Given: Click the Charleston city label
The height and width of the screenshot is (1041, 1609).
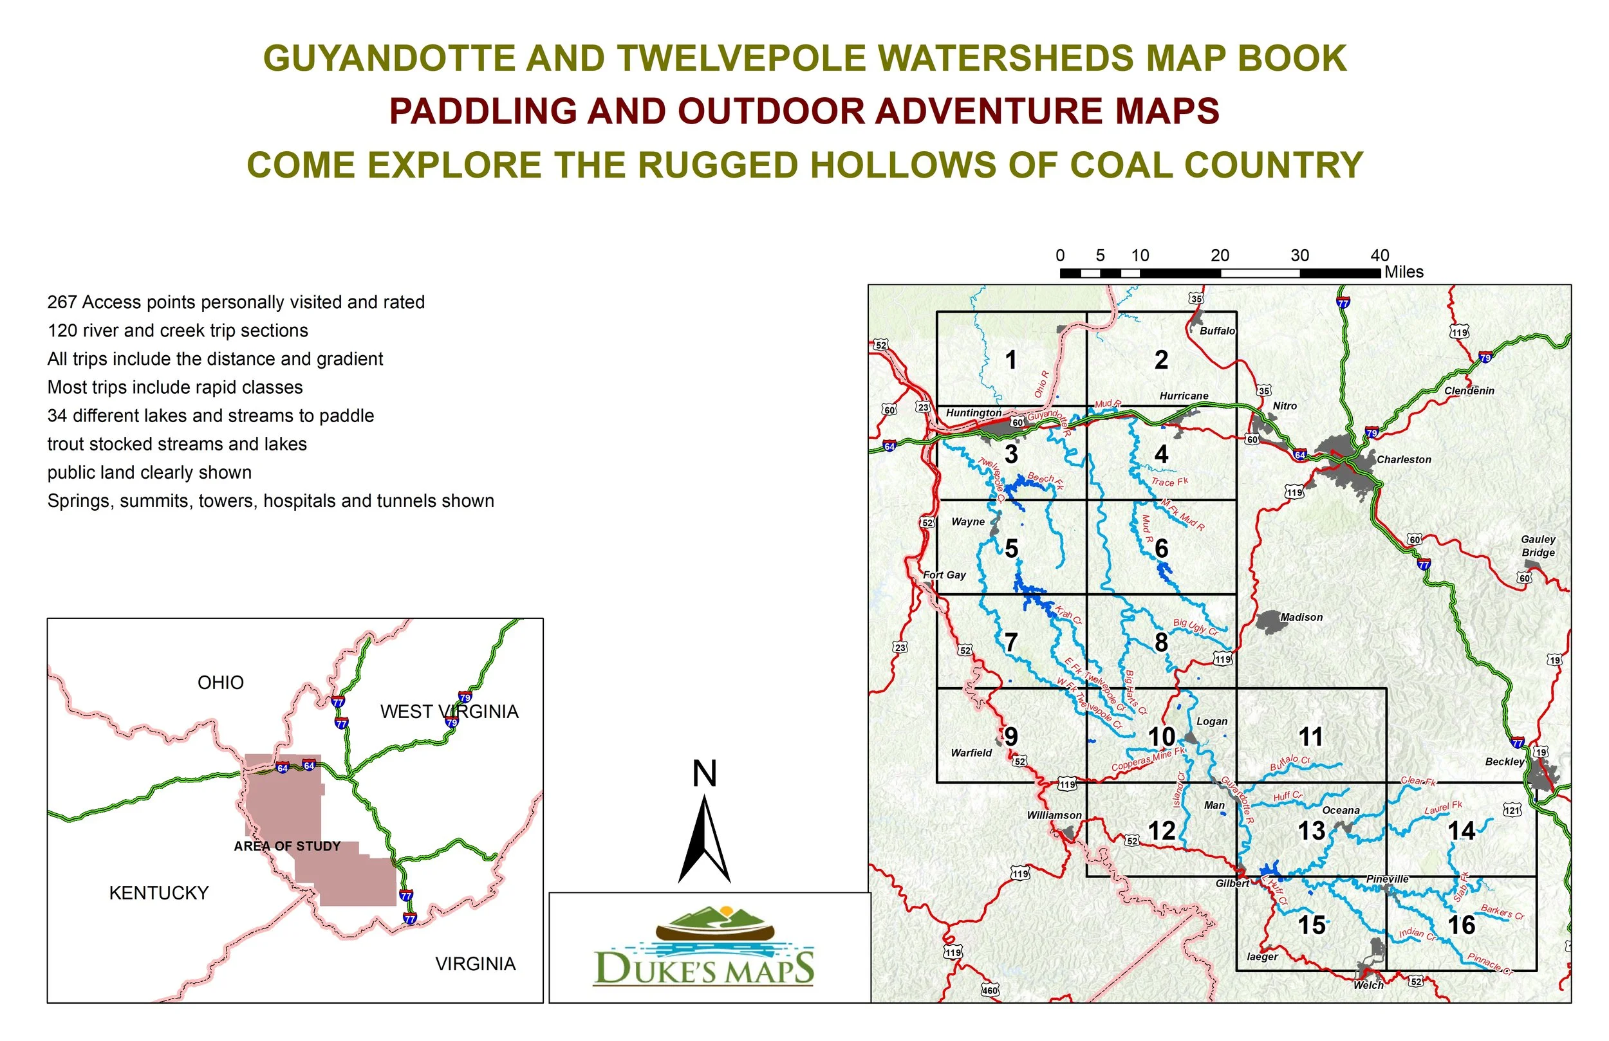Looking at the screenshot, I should (x=1404, y=459).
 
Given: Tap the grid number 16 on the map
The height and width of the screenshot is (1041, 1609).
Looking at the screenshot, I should (x=1461, y=925).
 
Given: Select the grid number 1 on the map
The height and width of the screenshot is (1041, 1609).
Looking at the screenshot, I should (x=1010, y=360).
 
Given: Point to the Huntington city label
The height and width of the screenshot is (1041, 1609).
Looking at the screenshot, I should (x=974, y=413).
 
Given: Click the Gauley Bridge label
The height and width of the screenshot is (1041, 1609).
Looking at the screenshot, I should (x=1538, y=546).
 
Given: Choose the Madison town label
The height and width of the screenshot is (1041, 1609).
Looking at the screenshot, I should (x=1301, y=617).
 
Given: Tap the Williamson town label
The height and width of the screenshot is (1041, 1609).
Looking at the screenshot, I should (x=1054, y=815).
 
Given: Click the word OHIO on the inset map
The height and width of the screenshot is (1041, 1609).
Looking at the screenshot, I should (x=220, y=683).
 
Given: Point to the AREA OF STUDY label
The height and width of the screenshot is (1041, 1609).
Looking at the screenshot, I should (x=286, y=846).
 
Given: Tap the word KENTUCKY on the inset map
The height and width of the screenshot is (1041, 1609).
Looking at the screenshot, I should (x=159, y=893).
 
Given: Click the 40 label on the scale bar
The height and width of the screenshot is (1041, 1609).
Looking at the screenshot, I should (x=1379, y=255).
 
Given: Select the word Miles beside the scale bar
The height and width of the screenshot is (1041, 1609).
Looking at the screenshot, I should (x=1404, y=272).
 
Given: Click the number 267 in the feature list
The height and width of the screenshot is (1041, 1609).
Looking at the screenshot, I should (x=62, y=302).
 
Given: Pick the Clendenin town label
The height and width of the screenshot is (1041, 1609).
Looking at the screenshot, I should (x=1469, y=391).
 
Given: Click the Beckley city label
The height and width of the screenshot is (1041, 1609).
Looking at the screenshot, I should (x=1504, y=762).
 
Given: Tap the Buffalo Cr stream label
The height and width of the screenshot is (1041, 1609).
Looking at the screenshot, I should (x=1289, y=763).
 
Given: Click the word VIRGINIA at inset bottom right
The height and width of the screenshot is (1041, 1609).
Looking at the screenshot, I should (x=475, y=964).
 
